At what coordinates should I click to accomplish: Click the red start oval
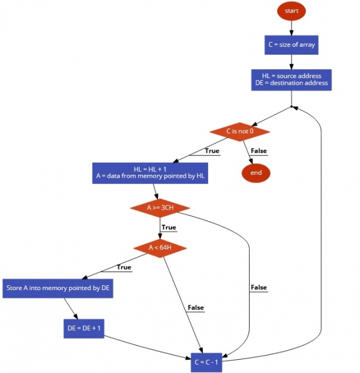[x=292, y=11]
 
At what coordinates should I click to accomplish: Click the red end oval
[x=256, y=173]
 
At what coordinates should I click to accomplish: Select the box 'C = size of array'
[x=292, y=45]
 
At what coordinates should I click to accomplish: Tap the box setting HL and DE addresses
[x=292, y=79]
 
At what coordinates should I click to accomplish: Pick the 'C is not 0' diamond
[x=240, y=131]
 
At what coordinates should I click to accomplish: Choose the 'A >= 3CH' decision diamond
[x=160, y=208]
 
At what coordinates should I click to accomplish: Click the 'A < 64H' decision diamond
[x=160, y=247]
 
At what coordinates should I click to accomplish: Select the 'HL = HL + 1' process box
[x=150, y=172]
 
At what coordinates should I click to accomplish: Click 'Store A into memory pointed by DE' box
[x=58, y=288]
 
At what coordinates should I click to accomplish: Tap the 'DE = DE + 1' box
[x=84, y=328]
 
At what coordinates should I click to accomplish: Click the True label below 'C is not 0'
[x=212, y=151]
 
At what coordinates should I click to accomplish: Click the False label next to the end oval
[x=259, y=151]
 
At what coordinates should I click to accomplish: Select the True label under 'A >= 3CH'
[x=169, y=228]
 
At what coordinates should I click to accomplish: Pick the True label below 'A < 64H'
[x=124, y=267]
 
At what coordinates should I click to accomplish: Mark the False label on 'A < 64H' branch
[x=196, y=308]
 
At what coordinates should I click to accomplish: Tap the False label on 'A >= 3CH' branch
[x=259, y=288]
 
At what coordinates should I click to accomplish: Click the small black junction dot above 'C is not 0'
[x=291, y=107]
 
